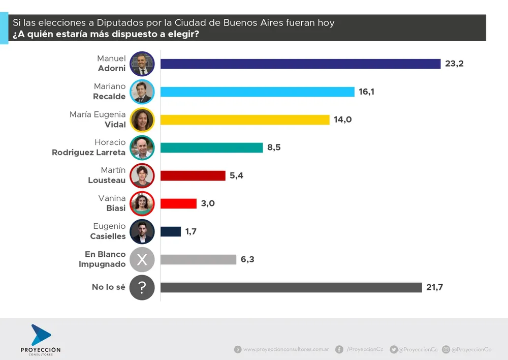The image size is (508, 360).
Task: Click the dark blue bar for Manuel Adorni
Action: point(300,64)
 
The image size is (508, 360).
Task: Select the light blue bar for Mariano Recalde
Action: point(257,92)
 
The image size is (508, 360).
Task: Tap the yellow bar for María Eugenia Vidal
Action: point(245,119)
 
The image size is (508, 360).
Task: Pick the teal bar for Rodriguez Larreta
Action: point(211,147)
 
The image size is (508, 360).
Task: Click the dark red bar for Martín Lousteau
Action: point(193,175)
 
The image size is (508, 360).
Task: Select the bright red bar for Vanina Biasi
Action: point(178,203)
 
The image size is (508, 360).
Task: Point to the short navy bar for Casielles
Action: point(171,231)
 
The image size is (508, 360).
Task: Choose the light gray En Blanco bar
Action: point(198,259)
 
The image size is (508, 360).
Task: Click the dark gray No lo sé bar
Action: point(291,287)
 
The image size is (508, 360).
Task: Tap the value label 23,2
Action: point(455,64)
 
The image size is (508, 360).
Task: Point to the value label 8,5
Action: point(274,147)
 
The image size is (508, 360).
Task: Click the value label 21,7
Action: point(435,287)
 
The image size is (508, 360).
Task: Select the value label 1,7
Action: point(190,231)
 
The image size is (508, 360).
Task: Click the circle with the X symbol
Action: point(142,260)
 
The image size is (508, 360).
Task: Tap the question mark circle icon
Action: point(142,288)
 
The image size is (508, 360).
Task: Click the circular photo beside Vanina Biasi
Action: point(142,204)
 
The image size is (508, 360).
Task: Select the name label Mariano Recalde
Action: point(109,92)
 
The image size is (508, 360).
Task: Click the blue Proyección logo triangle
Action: point(40,335)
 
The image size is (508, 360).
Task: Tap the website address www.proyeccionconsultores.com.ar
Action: point(286,349)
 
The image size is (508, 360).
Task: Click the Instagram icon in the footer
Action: point(446,349)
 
